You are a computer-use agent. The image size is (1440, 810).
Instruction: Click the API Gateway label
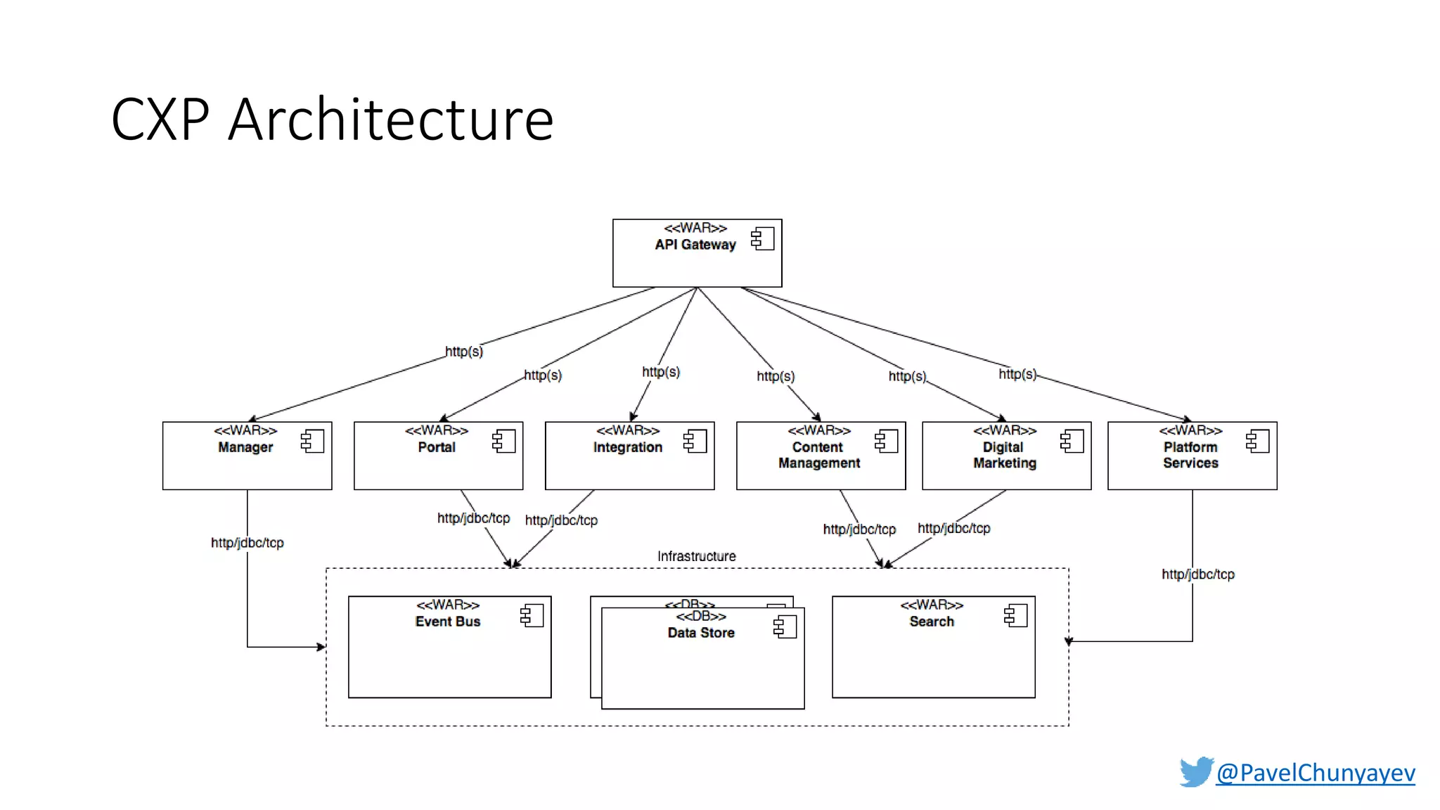[x=695, y=245]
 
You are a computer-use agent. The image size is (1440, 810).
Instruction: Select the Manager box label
[x=245, y=447]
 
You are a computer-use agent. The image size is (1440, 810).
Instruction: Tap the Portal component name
[x=437, y=447]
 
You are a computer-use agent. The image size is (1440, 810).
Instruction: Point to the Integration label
[x=628, y=447]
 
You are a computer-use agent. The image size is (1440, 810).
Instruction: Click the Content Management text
[x=819, y=455]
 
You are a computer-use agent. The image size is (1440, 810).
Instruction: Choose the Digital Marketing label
[x=1005, y=455]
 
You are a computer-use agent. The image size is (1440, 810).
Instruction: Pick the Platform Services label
[x=1190, y=455]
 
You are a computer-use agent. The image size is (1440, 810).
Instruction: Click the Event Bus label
[x=448, y=622]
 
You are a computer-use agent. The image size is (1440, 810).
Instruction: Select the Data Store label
[x=701, y=633]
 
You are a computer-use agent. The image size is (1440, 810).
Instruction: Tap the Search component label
[x=932, y=622]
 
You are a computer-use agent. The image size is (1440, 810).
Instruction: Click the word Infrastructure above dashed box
[x=696, y=556]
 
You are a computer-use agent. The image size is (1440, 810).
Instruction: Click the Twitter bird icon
[x=1196, y=772]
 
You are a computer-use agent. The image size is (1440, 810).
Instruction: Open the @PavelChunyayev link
[x=1315, y=773]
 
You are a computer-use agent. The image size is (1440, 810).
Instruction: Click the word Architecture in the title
[x=391, y=120]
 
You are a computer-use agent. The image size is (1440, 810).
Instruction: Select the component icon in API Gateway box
[x=762, y=239]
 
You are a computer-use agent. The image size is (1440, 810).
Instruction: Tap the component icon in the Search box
[x=1015, y=616]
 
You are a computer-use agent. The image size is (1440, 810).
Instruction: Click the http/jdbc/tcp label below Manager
[x=247, y=543]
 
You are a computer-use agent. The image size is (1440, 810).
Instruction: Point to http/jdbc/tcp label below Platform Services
[x=1197, y=574]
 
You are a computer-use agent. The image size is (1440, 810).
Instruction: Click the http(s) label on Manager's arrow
[x=464, y=352]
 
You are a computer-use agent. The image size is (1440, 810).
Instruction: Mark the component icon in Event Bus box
[x=532, y=616]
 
